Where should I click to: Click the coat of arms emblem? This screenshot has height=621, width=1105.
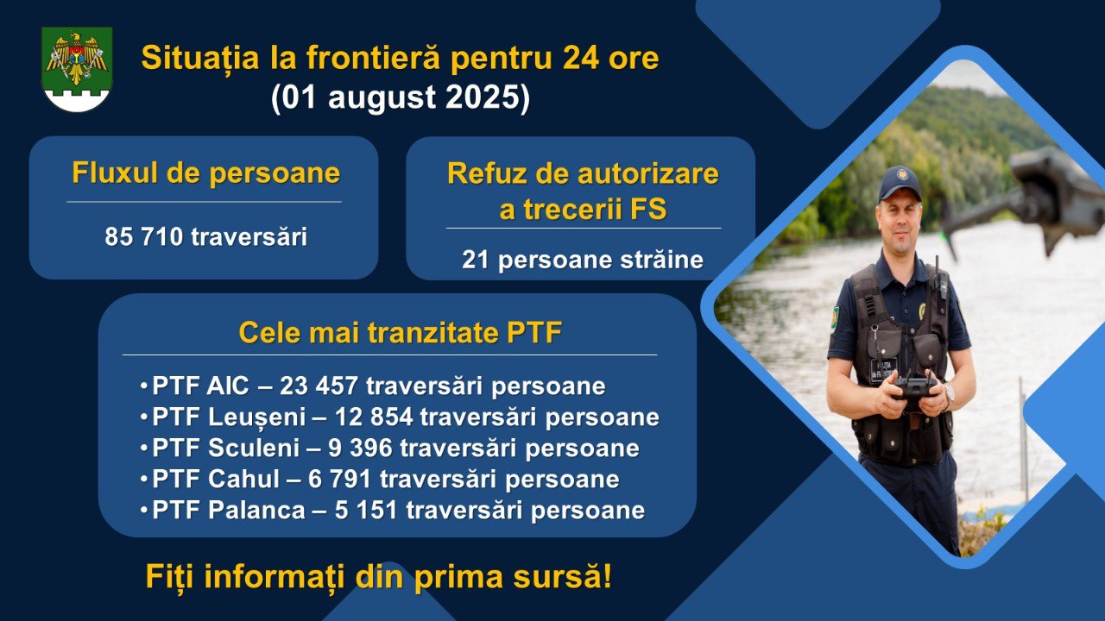click(x=77, y=69)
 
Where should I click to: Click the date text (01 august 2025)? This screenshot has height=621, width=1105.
click(x=401, y=97)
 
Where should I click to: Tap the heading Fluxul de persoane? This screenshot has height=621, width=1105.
click(x=206, y=172)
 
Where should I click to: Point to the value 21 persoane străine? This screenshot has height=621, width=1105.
click(x=583, y=260)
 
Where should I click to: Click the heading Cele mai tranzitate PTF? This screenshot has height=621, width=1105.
click(x=400, y=333)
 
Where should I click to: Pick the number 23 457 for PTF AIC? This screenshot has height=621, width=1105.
click(x=319, y=386)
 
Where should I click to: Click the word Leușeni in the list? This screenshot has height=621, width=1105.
click(x=256, y=417)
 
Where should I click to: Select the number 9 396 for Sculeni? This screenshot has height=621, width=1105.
click(x=360, y=448)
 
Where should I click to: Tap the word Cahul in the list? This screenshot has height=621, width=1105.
click(x=243, y=479)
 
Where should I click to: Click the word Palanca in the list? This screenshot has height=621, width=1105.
click(x=256, y=510)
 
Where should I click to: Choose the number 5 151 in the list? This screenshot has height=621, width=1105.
click(x=366, y=510)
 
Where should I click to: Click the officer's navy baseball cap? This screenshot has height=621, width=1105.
click(x=900, y=184)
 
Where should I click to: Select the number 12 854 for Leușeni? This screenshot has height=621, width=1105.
click(x=374, y=417)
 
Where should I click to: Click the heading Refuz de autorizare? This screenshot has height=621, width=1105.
click(x=583, y=173)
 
